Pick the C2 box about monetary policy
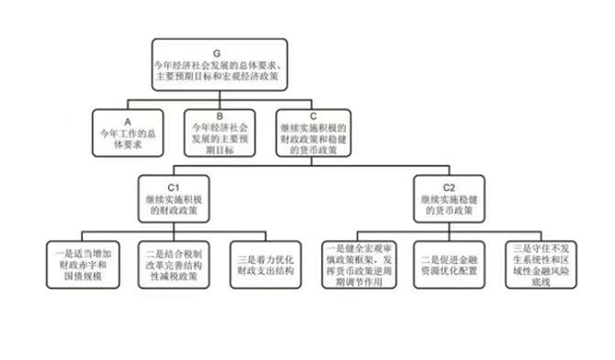[442, 199]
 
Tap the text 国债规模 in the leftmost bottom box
[81, 279]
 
